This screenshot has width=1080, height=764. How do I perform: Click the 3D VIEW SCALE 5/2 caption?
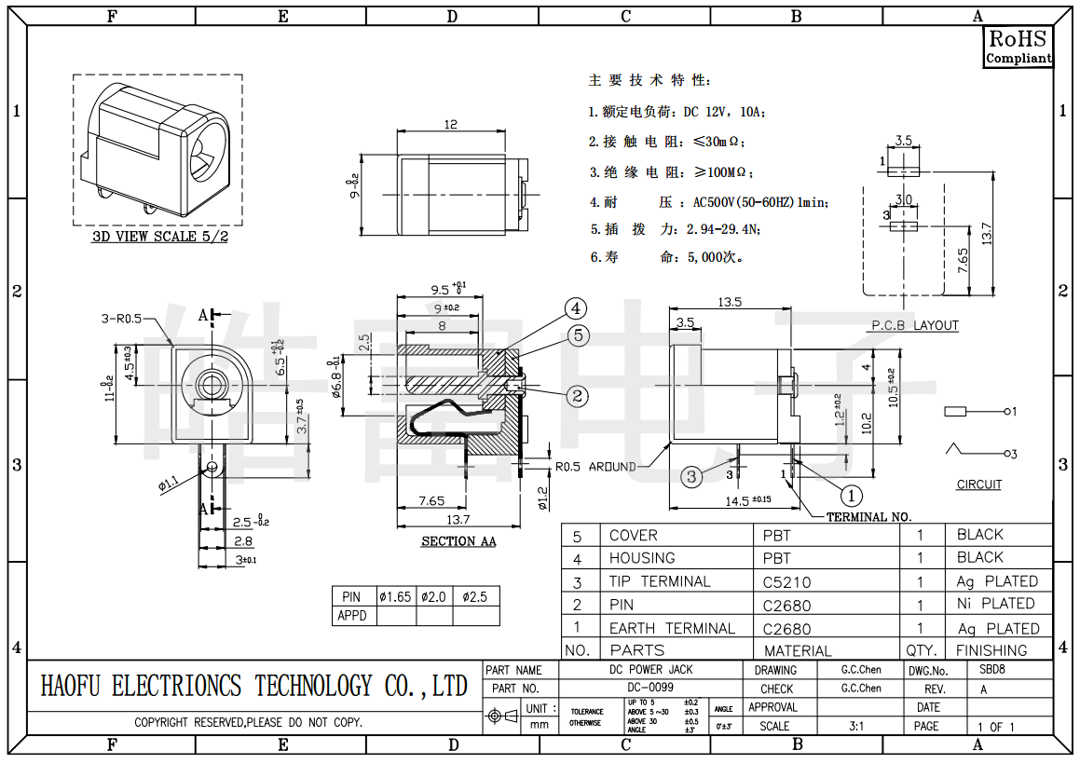(159, 237)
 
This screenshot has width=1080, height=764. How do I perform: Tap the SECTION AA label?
(458, 541)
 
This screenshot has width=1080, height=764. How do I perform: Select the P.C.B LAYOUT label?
(914, 325)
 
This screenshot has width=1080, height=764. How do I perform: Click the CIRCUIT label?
(978, 484)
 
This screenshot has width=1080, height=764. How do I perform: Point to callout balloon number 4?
(576, 308)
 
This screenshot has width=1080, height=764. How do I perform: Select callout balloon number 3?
(690, 477)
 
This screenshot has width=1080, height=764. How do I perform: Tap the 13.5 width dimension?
(730, 302)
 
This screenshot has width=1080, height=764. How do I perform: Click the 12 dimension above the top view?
(451, 124)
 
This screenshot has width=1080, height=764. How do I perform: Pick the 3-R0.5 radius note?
(121, 319)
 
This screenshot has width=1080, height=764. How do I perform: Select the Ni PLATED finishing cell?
(995, 604)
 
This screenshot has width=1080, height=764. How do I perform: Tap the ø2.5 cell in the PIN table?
(475, 596)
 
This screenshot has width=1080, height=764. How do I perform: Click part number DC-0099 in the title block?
(649, 688)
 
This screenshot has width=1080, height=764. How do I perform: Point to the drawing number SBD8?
(991, 670)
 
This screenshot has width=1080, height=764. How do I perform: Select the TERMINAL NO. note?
(868, 517)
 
